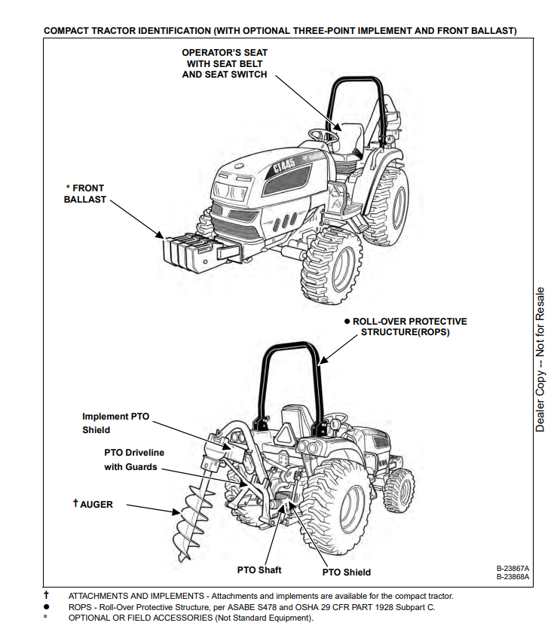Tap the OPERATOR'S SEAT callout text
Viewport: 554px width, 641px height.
(x=225, y=63)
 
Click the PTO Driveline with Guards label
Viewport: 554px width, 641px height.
(x=133, y=459)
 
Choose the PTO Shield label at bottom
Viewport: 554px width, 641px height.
(x=346, y=572)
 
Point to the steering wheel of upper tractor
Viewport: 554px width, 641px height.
(x=320, y=134)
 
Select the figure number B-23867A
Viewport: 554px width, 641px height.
(x=513, y=568)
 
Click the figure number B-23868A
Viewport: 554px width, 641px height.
(x=513, y=577)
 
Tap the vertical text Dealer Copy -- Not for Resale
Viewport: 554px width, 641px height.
(x=540, y=358)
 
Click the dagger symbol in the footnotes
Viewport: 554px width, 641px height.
(x=46, y=596)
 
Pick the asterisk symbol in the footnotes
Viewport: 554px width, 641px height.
(x=46, y=618)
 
